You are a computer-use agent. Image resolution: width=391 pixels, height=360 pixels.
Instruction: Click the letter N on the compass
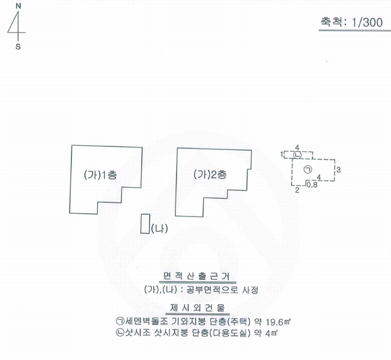[x=18, y=6]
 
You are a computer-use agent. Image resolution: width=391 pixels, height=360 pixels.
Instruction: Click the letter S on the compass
[x=18, y=47]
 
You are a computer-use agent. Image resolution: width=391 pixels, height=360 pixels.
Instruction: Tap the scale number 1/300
[x=367, y=22]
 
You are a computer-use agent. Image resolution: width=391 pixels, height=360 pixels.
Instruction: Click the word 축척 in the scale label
[x=330, y=22]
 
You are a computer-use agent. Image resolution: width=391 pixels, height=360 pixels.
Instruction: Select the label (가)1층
[x=100, y=175]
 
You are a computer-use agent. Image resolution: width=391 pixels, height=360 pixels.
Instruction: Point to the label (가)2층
[x=210, y=175]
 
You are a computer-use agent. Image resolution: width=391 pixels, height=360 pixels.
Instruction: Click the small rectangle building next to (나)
[x=145, y=223]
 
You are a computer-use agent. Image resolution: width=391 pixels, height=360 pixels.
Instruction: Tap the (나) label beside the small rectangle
[x=159, y=228]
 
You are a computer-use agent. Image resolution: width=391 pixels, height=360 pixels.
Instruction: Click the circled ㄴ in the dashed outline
[x=297, y=155]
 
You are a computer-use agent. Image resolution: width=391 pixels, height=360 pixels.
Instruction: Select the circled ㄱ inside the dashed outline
[x=308, y=170]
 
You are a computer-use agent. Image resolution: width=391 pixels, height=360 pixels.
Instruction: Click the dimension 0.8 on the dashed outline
[x=312, y=185]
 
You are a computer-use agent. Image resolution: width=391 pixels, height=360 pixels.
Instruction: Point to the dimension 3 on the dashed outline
[x=338, y=170]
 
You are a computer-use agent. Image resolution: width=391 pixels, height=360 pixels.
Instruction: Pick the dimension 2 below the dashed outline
[x=297, y=190]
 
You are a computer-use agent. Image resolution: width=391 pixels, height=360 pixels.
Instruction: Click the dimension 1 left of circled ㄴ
[x=282, y=154]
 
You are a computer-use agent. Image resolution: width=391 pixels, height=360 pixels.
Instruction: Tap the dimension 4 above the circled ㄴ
[x=297, y=148]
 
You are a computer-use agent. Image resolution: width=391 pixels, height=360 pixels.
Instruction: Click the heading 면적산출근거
[x=197, y=276]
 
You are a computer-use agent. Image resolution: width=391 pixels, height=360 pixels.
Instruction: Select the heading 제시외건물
[x=198, y=308]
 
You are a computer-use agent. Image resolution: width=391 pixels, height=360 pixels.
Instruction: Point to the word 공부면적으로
[x=212, y=290]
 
